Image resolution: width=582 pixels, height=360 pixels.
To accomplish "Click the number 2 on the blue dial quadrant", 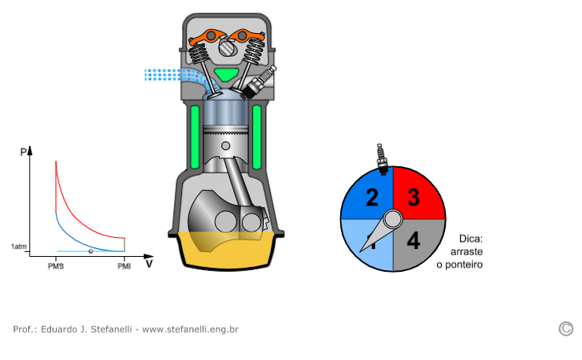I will point(372,197).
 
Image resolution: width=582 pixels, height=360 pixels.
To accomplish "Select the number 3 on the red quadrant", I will point(413,197).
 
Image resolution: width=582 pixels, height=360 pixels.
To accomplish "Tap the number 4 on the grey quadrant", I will point(413,240).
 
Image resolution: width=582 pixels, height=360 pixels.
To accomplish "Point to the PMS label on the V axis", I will point(55,266).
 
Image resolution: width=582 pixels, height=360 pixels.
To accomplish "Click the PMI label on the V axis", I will point(124,266).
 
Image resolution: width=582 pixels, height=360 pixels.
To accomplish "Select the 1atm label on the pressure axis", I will point(19,247).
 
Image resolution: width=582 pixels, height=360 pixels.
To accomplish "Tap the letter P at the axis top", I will point(24,151).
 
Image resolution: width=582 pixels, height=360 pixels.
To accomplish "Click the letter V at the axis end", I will point(149,263).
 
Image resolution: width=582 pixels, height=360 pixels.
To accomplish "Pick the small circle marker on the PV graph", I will point(91,251).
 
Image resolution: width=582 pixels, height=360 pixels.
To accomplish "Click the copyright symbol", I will point(565,328).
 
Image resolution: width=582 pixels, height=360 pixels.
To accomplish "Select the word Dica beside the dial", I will point(471,239).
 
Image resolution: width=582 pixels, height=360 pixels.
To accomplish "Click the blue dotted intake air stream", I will point(165,75).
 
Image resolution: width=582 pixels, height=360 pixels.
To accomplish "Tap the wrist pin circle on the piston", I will point(226,146).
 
